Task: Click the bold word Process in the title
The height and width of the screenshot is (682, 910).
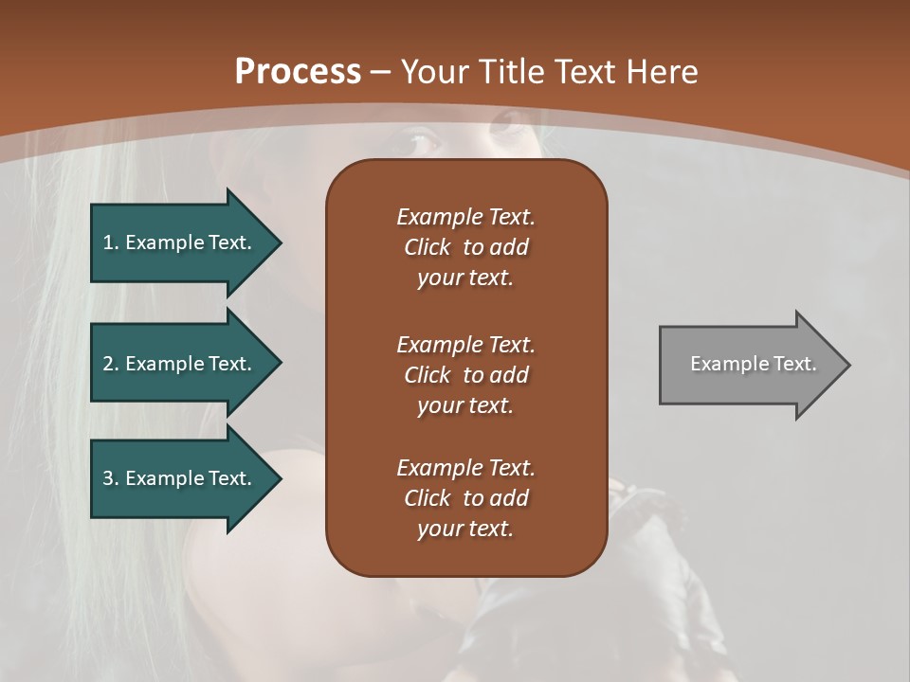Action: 298,72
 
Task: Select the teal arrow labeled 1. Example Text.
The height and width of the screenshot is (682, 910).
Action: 180,242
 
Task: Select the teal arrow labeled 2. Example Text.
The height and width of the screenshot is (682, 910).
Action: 180,364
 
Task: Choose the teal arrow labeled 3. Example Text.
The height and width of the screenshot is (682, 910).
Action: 180,478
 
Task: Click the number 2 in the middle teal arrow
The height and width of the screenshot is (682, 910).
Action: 108,364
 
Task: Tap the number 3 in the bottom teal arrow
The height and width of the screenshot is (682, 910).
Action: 108,478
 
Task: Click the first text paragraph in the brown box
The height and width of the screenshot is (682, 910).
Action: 465,247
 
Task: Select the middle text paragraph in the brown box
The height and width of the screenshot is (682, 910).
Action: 465,374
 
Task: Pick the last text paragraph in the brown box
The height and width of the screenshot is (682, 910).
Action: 465,498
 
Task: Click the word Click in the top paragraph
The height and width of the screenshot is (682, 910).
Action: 427,247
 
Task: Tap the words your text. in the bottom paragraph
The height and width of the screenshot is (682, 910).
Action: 465,529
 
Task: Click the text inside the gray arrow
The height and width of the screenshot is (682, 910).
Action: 753,364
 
